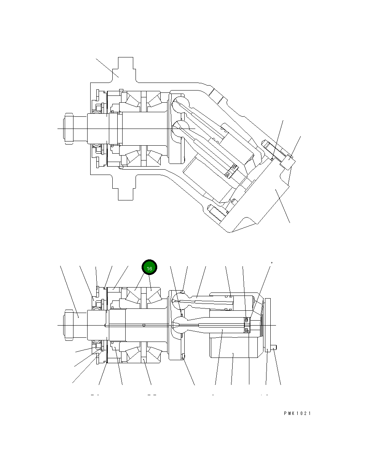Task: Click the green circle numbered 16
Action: tap(149, 268)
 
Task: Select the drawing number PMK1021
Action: tap(297, 413)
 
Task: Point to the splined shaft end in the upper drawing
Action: tap(69, 129)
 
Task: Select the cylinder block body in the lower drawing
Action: tap(234, 348)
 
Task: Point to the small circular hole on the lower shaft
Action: tap(144, 325)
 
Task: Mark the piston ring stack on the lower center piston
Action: tap(246, 325)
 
